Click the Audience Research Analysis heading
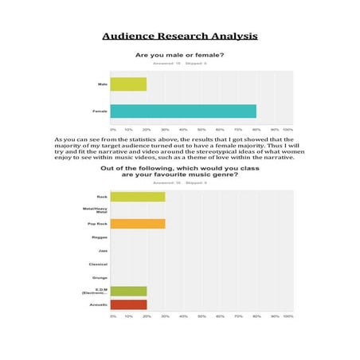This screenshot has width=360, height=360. pos(179,37)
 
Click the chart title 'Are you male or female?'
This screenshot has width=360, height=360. pos(179,55)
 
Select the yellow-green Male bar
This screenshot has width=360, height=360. pos(128,84)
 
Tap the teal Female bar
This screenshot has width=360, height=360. pos(183,111)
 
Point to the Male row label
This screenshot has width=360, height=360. pos(102,84)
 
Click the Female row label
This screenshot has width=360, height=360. pos(100,111)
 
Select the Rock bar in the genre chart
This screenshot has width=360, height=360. pos(138,196)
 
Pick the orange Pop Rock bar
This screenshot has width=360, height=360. pos(138,224)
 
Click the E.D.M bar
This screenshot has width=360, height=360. pos(128,291)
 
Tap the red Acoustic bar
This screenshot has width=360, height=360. pos(128,304)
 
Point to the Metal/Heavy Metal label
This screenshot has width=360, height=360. pos(95,210)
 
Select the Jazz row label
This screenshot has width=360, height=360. pos(102,250)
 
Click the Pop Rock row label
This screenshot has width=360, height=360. pos(97,224)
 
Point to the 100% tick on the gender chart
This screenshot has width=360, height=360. pos(288,128)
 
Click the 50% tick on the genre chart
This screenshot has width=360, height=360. pos(202,316)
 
